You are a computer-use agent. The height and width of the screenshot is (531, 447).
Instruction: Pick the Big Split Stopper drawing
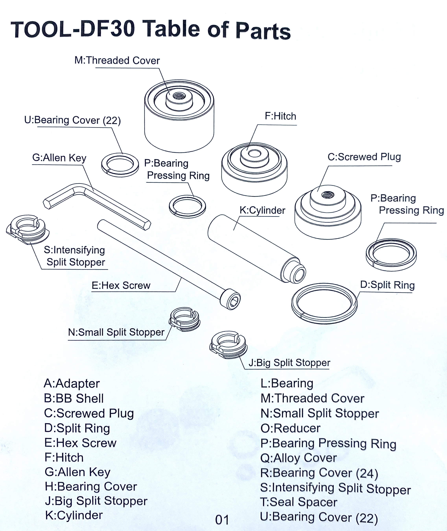click(x=228, y=345)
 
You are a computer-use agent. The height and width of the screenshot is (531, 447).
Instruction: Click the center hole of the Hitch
click(x=254, y=154)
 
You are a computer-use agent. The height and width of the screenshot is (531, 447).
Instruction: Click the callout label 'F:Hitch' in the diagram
click(x=280, y=116)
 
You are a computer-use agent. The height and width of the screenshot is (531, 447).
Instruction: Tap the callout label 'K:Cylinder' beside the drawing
click(x=262, y=210)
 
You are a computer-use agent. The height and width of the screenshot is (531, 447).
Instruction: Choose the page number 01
click(x=222, y=520)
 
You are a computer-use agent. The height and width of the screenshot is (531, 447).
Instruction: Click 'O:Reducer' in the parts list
click(x=290, y=428)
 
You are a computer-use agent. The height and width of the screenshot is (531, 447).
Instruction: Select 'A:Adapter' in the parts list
click(x=72, y=384)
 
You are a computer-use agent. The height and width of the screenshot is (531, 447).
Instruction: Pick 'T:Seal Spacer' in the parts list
click(x=299, y=502)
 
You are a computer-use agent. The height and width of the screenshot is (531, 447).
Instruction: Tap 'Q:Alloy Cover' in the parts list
click(x=299, y=458)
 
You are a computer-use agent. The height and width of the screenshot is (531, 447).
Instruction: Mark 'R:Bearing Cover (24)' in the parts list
click(x=319, y=473)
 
